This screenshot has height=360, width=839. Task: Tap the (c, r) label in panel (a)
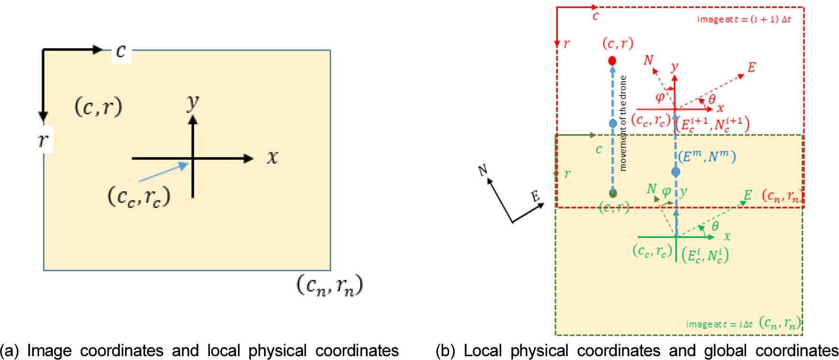pyautogui.click(x=99, y=107)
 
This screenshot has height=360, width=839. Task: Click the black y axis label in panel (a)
pyautogui.click(x=193, y=102)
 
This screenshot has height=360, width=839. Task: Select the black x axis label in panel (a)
pyautogui.click(x=272, y=157)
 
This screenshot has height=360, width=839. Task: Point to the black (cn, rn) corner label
pyautogui.click(x=330, y=285)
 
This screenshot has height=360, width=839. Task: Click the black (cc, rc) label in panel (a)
pyautogui.click(x=139, y=196)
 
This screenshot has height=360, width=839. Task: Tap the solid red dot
pyautogui.click(x=612, y=61)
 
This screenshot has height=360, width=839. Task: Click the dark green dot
pyautogui.click(x=613, y=193)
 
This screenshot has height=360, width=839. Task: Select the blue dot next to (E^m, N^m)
pyautogui.click(x=675, y=172)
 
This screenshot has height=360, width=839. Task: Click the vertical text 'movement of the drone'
pyautogui.click(x=623, y=123)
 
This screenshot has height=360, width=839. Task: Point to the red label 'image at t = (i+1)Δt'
pyautogui.click(x=744, y=20)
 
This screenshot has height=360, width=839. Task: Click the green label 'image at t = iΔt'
pyautogui.click(x=719, y=325)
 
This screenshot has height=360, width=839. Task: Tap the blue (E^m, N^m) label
pyautogui.click(x=707, y=156)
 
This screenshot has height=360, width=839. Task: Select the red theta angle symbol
pyautogui.click(x=712, y=99)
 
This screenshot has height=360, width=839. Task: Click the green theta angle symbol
pyautogui.click(x=715, y=226)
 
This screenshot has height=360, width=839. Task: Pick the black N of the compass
pyautogui.click(x=483, y=170)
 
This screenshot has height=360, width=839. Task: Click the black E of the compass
pyautogui.click(x=535, y=196)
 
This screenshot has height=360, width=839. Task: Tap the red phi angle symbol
pyautogui.click(x=660, y=98)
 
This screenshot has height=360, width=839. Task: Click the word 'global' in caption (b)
pyautogui.click(x=725, y=351)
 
